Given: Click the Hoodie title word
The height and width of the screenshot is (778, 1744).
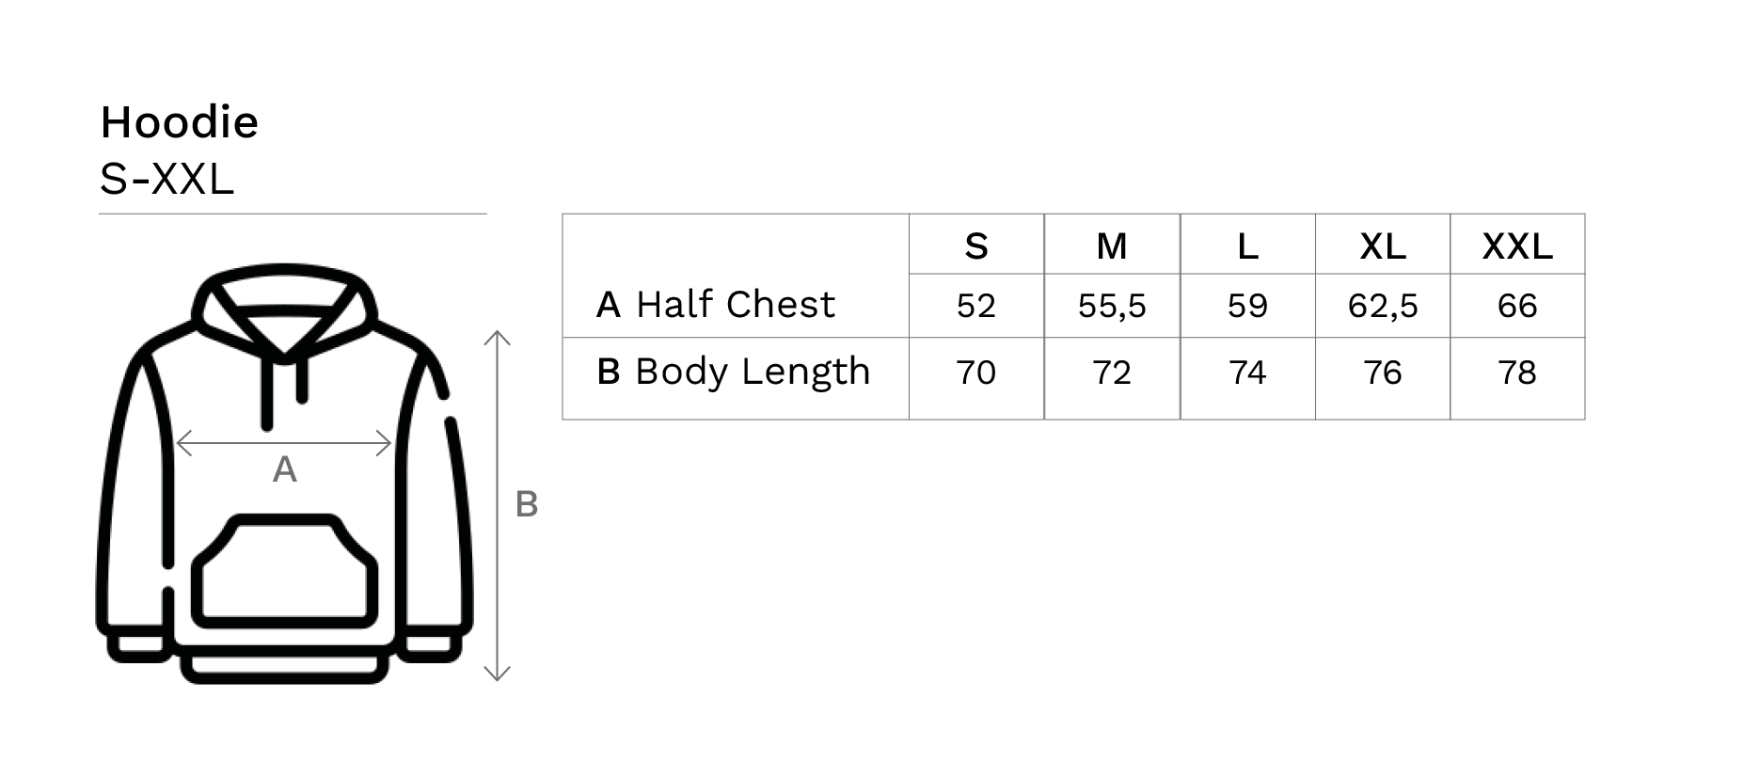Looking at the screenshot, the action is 179,122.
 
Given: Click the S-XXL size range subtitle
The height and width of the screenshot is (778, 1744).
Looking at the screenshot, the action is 166,179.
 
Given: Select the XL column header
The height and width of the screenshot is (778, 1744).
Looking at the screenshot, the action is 1383,246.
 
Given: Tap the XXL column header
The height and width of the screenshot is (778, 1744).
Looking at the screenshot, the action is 1517,246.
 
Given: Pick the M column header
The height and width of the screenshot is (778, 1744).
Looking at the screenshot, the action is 1112,246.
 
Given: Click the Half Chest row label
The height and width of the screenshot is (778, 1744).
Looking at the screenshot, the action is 735,305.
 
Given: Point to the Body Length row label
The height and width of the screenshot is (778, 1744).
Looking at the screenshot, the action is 753,372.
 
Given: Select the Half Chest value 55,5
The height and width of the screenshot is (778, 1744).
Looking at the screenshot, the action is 1112,306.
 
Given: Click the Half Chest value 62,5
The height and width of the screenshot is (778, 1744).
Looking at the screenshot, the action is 1383,306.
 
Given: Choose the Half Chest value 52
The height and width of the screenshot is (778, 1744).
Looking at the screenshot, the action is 975,306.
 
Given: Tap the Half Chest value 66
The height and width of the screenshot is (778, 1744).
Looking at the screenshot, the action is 1517,306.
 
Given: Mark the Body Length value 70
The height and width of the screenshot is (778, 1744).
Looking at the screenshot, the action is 975,373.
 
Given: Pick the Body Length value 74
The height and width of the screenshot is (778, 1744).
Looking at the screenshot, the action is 1247,373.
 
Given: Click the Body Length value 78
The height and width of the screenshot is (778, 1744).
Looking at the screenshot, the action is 1517,373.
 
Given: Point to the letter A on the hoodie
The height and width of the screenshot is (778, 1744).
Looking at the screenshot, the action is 284,469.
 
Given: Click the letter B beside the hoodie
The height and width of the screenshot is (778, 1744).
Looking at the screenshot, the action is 527,505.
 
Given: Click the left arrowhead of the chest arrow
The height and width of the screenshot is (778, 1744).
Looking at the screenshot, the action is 182,442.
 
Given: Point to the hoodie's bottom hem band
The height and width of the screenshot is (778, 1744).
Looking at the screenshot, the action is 284,669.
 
